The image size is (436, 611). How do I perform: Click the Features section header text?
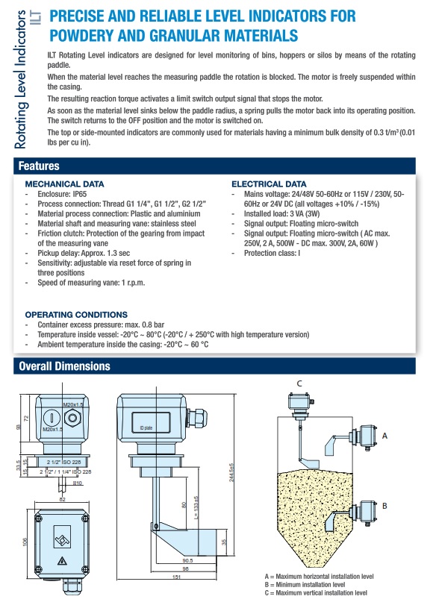tap(39, 166)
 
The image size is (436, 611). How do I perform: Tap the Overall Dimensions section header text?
tap(65, 366)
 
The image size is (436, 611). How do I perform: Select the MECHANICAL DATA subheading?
tap(64, 184)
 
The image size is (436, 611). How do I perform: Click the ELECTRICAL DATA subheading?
tap(269, 184)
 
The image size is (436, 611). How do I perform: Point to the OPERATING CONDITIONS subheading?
tap(76, 315)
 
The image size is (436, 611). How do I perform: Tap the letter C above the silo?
tap(299, 383)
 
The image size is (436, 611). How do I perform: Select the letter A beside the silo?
tap(384, 436)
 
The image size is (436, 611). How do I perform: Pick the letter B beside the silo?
tap(384, 506)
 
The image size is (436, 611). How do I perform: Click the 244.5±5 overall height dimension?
tap(231, 473)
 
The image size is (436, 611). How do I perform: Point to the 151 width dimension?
tap(176, 577)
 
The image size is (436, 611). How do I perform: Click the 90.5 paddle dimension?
tap(187, 560)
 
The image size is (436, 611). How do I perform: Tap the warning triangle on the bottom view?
tap(62, 561)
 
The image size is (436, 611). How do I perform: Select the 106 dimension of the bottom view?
tap(25, 542)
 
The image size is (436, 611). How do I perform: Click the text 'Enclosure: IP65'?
tap(62, 194)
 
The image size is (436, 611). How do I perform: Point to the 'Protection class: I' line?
tap(272, 254)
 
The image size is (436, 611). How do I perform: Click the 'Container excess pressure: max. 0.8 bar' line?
tap(101, 325)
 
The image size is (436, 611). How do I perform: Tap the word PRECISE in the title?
tap(76, 16)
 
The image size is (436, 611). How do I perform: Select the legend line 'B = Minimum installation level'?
tap(305, 584)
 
